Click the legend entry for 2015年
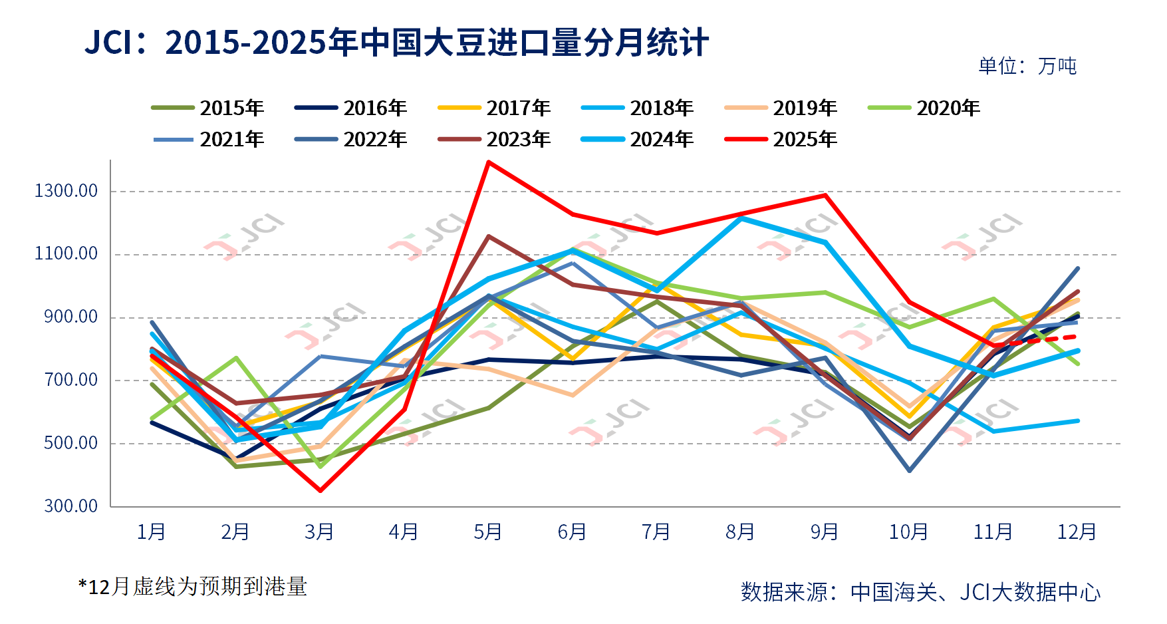point(207,108)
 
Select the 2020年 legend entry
point(924,108)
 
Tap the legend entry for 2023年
point(494,139)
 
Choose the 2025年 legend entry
point(781,139)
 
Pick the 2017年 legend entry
point(494,108)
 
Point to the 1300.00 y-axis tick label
point(66,191)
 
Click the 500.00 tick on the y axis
point(70,443)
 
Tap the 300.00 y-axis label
point(70,506)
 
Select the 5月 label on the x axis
point(488,532)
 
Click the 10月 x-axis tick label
point(909,532)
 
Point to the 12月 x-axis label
point(1077,532)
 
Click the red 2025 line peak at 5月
point(489,162)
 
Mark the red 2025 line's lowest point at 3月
point(321,490)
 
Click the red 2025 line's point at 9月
point(825,195)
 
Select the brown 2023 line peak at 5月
point(489,236)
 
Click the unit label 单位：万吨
point(1027,66)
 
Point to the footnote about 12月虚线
point(193,587)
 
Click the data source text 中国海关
point(894,591)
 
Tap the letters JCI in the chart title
point(109,43)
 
